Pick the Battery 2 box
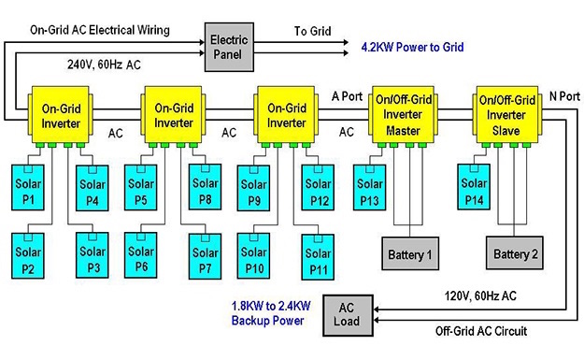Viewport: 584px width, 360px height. coord(515,252)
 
